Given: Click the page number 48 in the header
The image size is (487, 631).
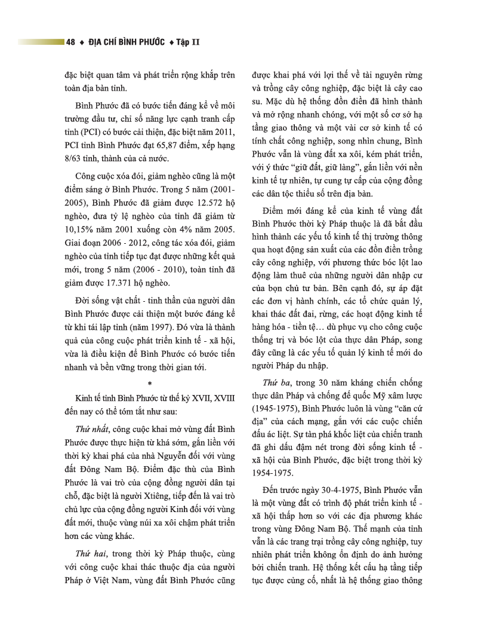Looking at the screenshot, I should (x=70, y=42).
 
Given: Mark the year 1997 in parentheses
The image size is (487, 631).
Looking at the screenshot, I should (x=152, y=328).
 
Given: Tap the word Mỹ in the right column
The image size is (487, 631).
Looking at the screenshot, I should (x=366, y=396).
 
